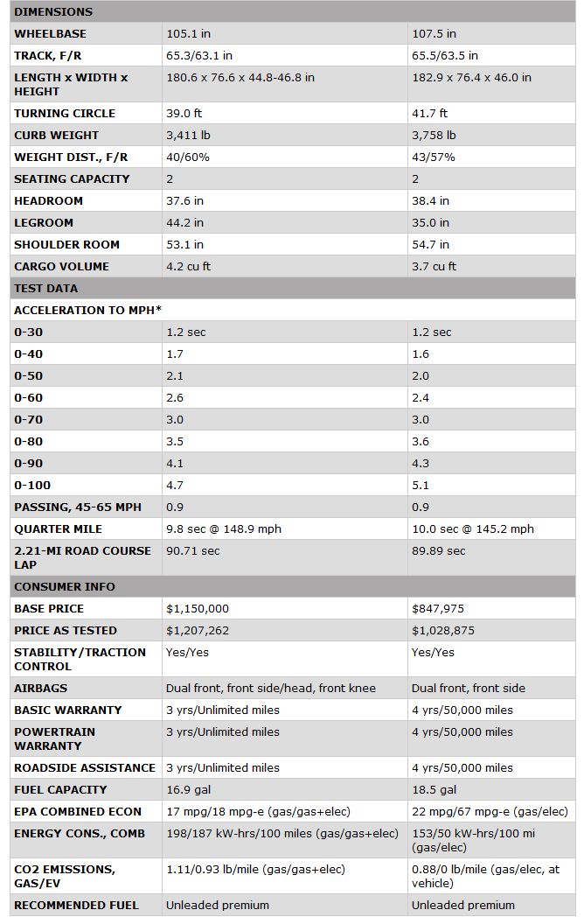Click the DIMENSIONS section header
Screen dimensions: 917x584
53,12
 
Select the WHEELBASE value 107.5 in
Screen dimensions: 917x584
434,34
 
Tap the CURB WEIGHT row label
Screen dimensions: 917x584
56,136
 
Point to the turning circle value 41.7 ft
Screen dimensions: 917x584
429,114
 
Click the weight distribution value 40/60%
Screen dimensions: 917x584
184,157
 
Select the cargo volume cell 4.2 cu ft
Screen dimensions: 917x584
187,267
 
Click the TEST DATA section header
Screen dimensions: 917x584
45,289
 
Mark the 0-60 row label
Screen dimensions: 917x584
28,398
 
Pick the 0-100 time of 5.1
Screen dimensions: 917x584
421,486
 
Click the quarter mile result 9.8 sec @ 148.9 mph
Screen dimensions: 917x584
224,529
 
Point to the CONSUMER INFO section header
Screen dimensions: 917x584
65,587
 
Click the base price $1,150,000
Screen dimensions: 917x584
198,609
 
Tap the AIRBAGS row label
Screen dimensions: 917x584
40,689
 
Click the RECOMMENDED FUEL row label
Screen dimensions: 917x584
76,906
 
